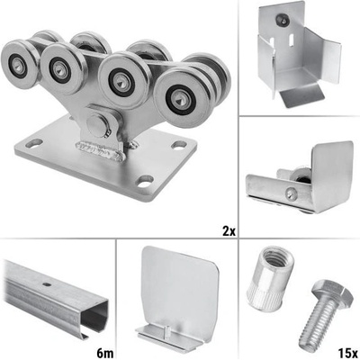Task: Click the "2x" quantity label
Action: point(229,231)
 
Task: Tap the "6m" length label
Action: point(105,354)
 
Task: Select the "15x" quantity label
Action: point(347,354)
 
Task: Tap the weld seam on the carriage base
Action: point(99,149)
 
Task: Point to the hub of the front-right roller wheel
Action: point(179,98)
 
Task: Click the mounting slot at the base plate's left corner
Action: point(34,143)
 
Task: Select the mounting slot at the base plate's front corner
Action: point(145,181)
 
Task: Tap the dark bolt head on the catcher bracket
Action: point(283,19)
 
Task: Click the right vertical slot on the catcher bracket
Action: point(291,41)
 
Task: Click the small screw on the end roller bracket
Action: point(291,193)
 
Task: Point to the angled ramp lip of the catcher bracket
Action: point(301,96)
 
